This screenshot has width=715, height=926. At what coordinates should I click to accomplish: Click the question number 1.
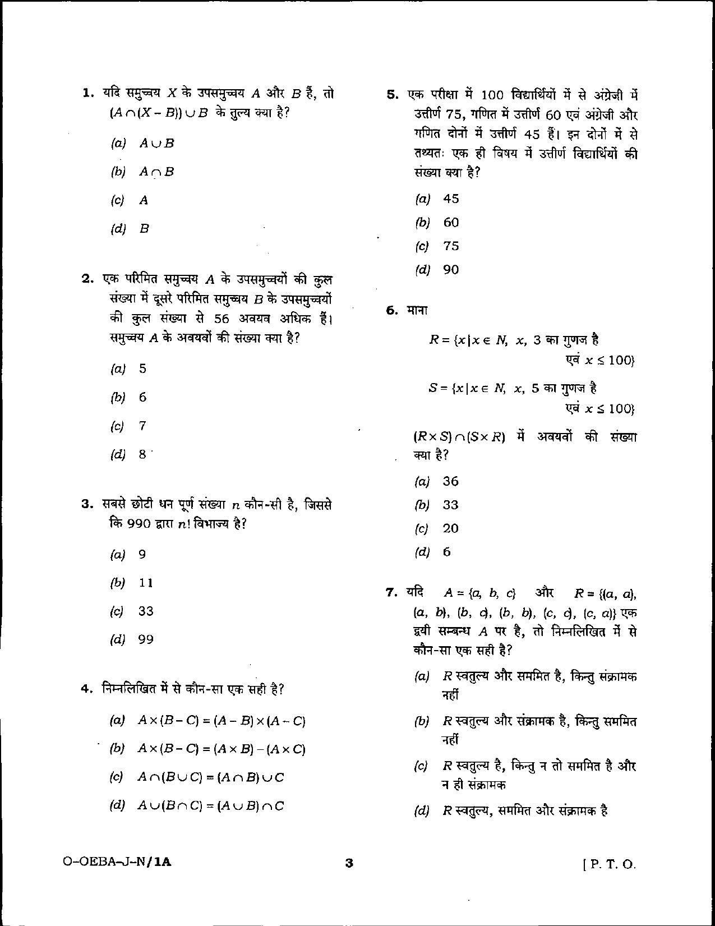[87, 93]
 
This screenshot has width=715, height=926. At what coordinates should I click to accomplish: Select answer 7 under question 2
[142, 426]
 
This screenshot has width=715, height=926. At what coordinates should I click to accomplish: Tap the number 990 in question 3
[140, 524]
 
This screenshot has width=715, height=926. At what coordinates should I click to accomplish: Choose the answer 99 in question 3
[146, 639]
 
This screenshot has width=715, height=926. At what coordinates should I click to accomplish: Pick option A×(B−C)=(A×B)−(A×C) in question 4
[222, 749]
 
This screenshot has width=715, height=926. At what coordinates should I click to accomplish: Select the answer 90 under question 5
[451, 270]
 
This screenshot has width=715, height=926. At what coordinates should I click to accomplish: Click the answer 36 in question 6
[450, 481]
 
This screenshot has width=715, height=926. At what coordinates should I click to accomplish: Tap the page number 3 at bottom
[349, 863]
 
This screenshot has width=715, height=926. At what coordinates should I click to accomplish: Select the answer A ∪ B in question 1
[156, 143]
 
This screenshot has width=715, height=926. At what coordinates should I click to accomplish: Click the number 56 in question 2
[222, 319]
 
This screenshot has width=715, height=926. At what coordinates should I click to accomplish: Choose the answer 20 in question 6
[450, 528]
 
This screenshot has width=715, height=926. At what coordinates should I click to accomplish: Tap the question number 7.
[391, 592]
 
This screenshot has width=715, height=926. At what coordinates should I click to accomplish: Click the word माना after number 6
[417, 310]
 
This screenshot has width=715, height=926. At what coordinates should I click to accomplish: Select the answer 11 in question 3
[146, 583]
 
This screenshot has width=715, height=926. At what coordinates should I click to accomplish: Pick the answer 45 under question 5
[451, 199]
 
